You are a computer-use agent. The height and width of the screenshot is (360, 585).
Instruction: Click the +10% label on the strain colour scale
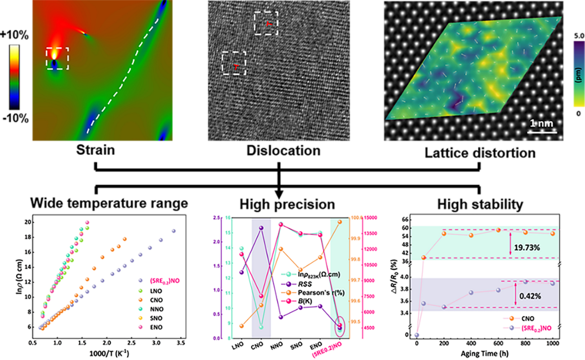(x=19, y=34)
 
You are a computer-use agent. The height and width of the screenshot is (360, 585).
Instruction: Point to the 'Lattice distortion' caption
(x=479, y=153)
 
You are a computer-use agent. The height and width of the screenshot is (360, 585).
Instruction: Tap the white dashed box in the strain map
(x=57, y=59)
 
